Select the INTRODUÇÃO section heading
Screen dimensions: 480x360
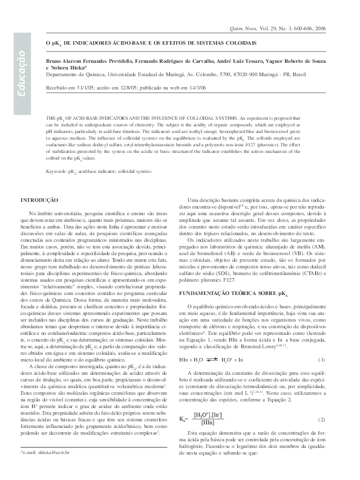[x=39, y=199]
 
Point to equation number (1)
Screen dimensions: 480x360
[x=321, y=377]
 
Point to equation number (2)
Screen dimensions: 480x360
[x=321, y=419]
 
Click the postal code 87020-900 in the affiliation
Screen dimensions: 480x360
[x=242, y=76]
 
